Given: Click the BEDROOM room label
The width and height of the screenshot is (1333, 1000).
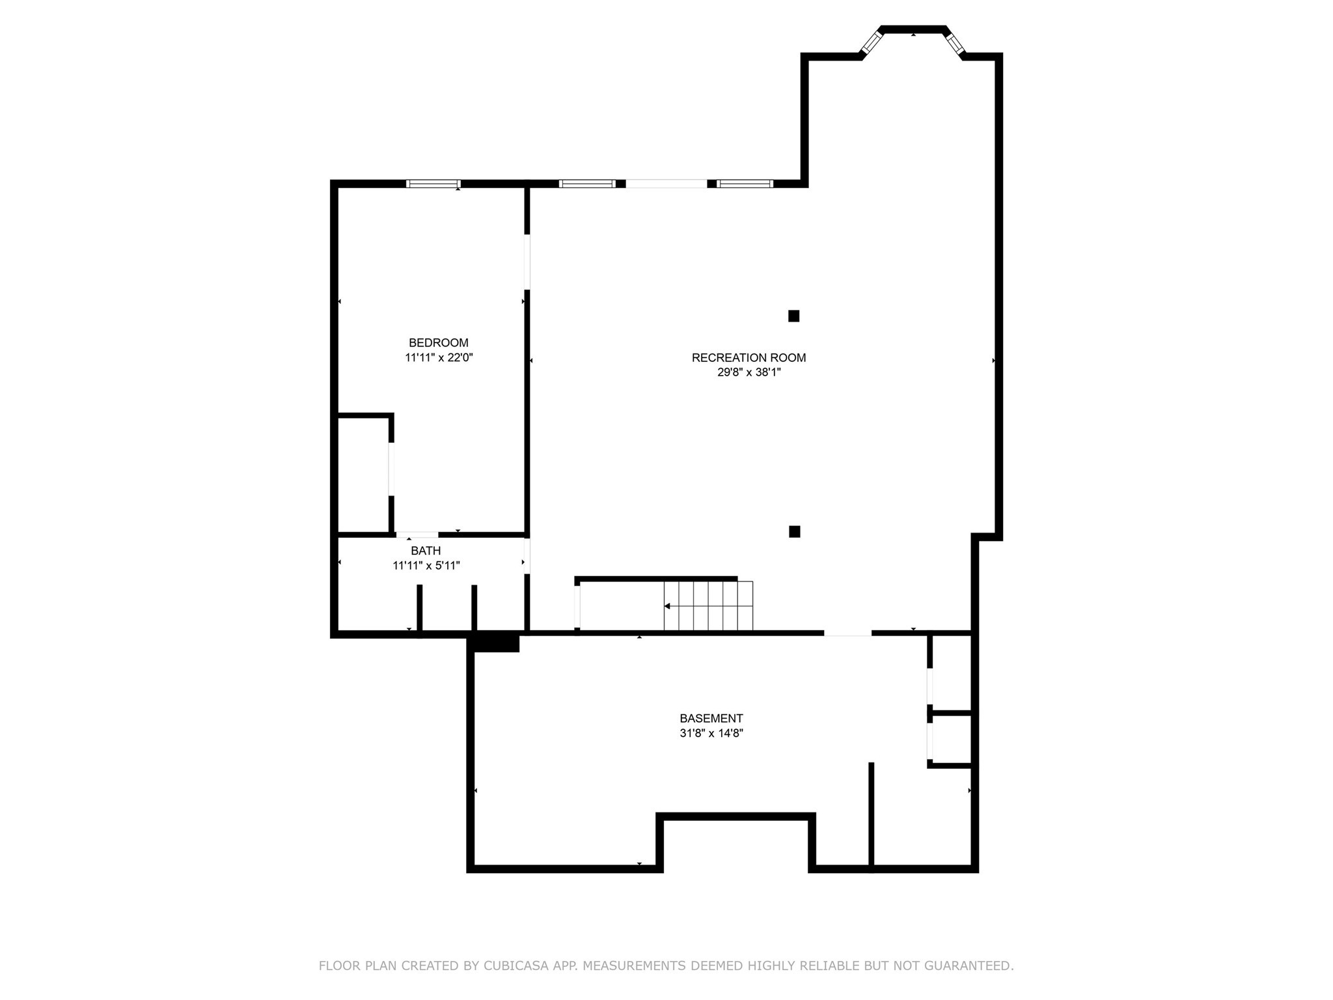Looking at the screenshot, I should (438, 342).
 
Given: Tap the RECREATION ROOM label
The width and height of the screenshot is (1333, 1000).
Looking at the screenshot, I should (749, 357).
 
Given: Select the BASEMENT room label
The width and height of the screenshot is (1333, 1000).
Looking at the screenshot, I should (711, 718).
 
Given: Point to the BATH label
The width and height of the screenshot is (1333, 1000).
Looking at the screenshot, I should (426, 551).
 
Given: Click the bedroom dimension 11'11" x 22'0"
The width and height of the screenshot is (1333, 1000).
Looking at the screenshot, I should (439, 357).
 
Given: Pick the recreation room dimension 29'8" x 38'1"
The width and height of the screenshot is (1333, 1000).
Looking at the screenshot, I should (749, 372).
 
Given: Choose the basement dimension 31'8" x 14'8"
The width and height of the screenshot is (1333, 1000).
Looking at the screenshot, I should (711, 733).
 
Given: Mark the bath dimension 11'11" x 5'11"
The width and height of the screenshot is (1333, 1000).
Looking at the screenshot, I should (426, 566).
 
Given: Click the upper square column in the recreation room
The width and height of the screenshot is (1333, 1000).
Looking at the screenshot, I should (793, 316).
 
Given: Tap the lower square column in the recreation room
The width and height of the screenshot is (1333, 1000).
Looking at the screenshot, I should (794, 531).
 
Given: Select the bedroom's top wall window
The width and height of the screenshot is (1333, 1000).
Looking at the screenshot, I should (433, 184).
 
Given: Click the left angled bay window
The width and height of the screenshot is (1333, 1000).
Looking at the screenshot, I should (871, 43).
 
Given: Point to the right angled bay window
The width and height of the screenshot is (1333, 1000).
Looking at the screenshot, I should (955, 43).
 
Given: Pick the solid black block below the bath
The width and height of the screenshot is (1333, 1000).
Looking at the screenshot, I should (496, 643).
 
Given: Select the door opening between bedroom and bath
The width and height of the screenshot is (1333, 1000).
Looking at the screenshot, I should (417, 535).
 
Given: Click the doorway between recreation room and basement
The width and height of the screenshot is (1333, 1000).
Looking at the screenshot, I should (847, 632).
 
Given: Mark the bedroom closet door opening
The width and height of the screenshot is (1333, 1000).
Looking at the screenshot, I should (391, 469).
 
